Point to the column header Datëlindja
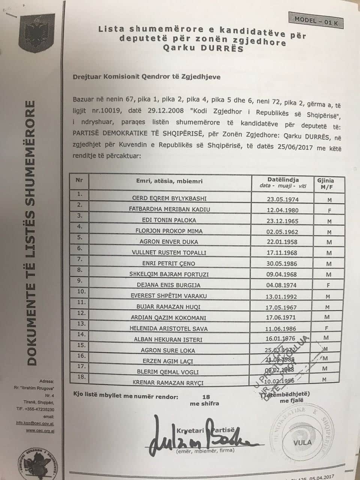tap(283, 180)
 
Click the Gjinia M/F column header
tap(325, 183)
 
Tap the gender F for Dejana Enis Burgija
tap(328, 285)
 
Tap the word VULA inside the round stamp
tap(302, 442)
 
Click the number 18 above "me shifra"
tap(206, 397)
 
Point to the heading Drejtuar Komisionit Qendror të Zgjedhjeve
tap(147, 77)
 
